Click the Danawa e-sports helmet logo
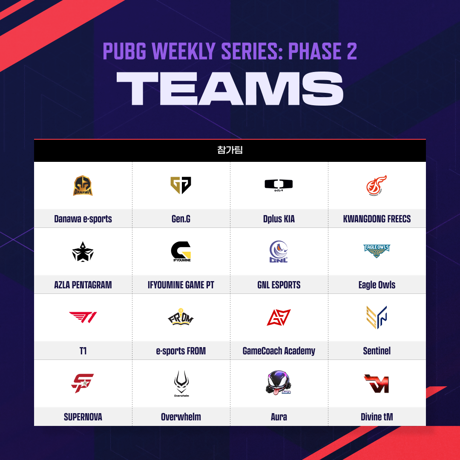click(x=83, y=185)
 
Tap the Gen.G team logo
click(x=181, y=185)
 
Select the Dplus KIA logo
click(x=279, y=185)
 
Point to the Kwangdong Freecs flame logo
click(x=377, y=185)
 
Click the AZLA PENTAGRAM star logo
click(x=83, y=252)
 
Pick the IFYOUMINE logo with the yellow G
click(x=181, y=251)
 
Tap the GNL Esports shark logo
click(x=279, y=251)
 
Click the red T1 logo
click(x=83, y=317)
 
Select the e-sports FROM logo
click(x=181, y=317)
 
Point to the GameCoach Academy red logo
click(x=279, y=317)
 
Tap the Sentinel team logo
click(x=377, y=317)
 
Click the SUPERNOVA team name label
click(x=83, y=417)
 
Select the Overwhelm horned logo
click(x=181, y=383)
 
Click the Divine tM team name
click(x=377, y=417)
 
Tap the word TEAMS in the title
click(x=230, y=89)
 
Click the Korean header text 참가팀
click(x=230, y=150)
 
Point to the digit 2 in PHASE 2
click(x=352, y=51)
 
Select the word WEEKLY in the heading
click(x=184, y=51)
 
